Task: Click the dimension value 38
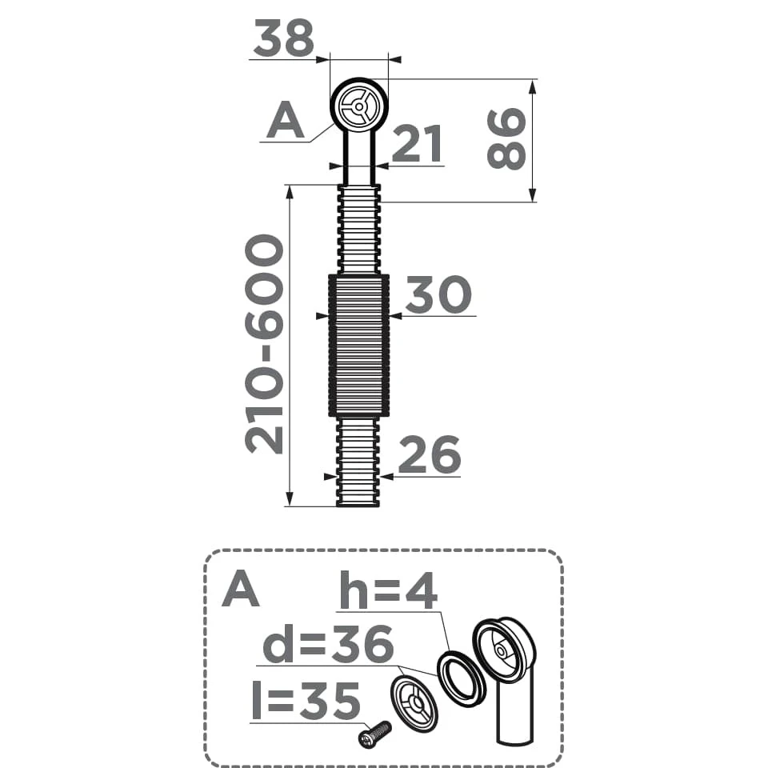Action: [283, 38]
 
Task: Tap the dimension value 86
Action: [506, 139]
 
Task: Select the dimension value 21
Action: [418, 144]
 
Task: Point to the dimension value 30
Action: [438, 294]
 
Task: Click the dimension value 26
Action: [430, 454]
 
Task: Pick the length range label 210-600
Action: [264, 344]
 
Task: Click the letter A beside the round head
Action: [285, 121]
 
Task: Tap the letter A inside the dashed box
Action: [241, 590]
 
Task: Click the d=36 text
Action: [328, 645]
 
